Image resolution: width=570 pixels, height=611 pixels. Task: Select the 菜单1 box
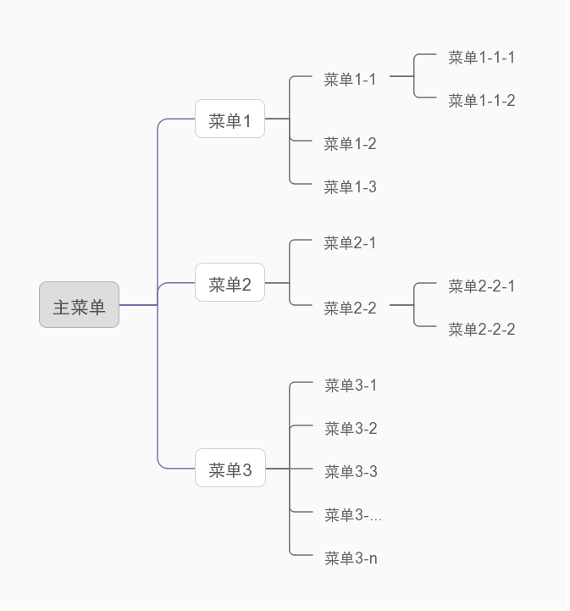coord(230,119)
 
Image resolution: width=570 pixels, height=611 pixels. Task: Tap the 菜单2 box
coord(230,283)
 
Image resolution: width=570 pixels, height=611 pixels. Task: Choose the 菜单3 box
coord(230,469)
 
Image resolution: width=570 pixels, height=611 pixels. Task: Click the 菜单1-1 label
coord(350,80)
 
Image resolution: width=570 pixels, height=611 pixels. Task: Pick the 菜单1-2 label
coord(350,144)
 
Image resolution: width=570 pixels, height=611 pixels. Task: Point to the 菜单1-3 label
coord(350,187)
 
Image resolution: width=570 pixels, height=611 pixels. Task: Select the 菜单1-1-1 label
coord(481,58)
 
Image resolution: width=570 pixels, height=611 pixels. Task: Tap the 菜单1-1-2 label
coord(481,101)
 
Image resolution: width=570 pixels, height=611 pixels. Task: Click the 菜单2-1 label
coord(350,243)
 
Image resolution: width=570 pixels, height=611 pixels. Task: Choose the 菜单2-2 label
coord(350,308)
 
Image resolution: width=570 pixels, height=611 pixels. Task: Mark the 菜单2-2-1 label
coord(481,286)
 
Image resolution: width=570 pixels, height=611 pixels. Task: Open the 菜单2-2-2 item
coord(481,330)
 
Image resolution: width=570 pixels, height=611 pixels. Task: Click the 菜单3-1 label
coord(351,386)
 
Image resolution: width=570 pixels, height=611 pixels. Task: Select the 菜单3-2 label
coord(351,429)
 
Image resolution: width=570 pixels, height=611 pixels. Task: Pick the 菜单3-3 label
coord(351,472)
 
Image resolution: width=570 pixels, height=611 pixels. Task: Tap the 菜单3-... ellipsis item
coord(352,515)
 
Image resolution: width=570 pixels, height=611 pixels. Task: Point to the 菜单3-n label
coord(351,558)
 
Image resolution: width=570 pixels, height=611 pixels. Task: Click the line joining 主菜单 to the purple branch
coord(138,304)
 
